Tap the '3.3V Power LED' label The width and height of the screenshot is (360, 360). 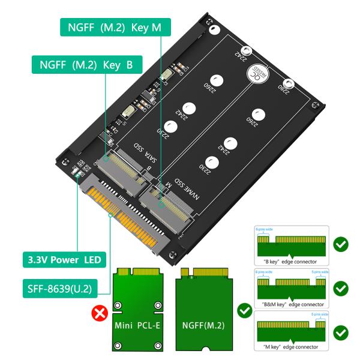coord(64,260)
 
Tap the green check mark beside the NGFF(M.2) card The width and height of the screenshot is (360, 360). coord(244,311)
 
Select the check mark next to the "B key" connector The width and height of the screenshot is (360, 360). coord(340,245)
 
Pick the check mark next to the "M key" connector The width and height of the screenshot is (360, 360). coord(340,332)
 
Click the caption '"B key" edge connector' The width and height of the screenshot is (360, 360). coord(290,262)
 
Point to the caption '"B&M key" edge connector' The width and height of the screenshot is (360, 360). coord(290,304)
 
